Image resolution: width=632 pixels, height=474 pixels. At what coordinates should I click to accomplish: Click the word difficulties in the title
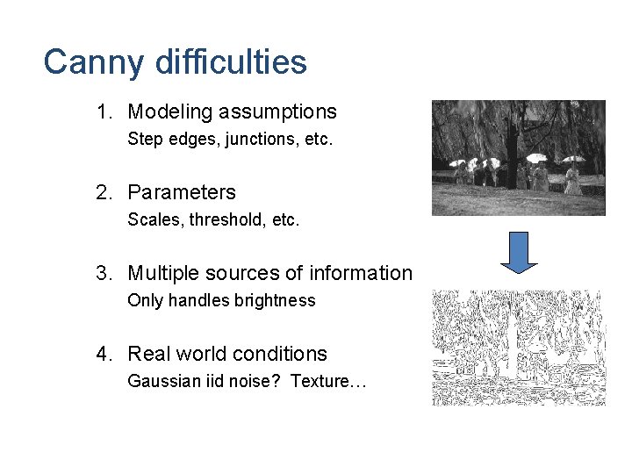[x=230, y=62]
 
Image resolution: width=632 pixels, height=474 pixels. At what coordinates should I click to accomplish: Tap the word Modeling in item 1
[x=170, y=112]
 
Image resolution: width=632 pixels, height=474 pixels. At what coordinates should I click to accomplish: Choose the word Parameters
[x=182, y=192]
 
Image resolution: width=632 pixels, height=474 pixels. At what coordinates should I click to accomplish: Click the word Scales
[x=151, y=219]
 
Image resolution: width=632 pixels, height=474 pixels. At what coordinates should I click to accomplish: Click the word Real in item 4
[x=147, y=354]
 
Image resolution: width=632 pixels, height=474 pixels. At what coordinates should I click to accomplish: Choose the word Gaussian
[x=160, y=381]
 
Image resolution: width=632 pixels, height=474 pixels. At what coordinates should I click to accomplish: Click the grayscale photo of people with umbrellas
[x=518, y=157]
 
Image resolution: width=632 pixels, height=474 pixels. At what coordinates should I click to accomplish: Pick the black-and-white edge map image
[x=518, y=348]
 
